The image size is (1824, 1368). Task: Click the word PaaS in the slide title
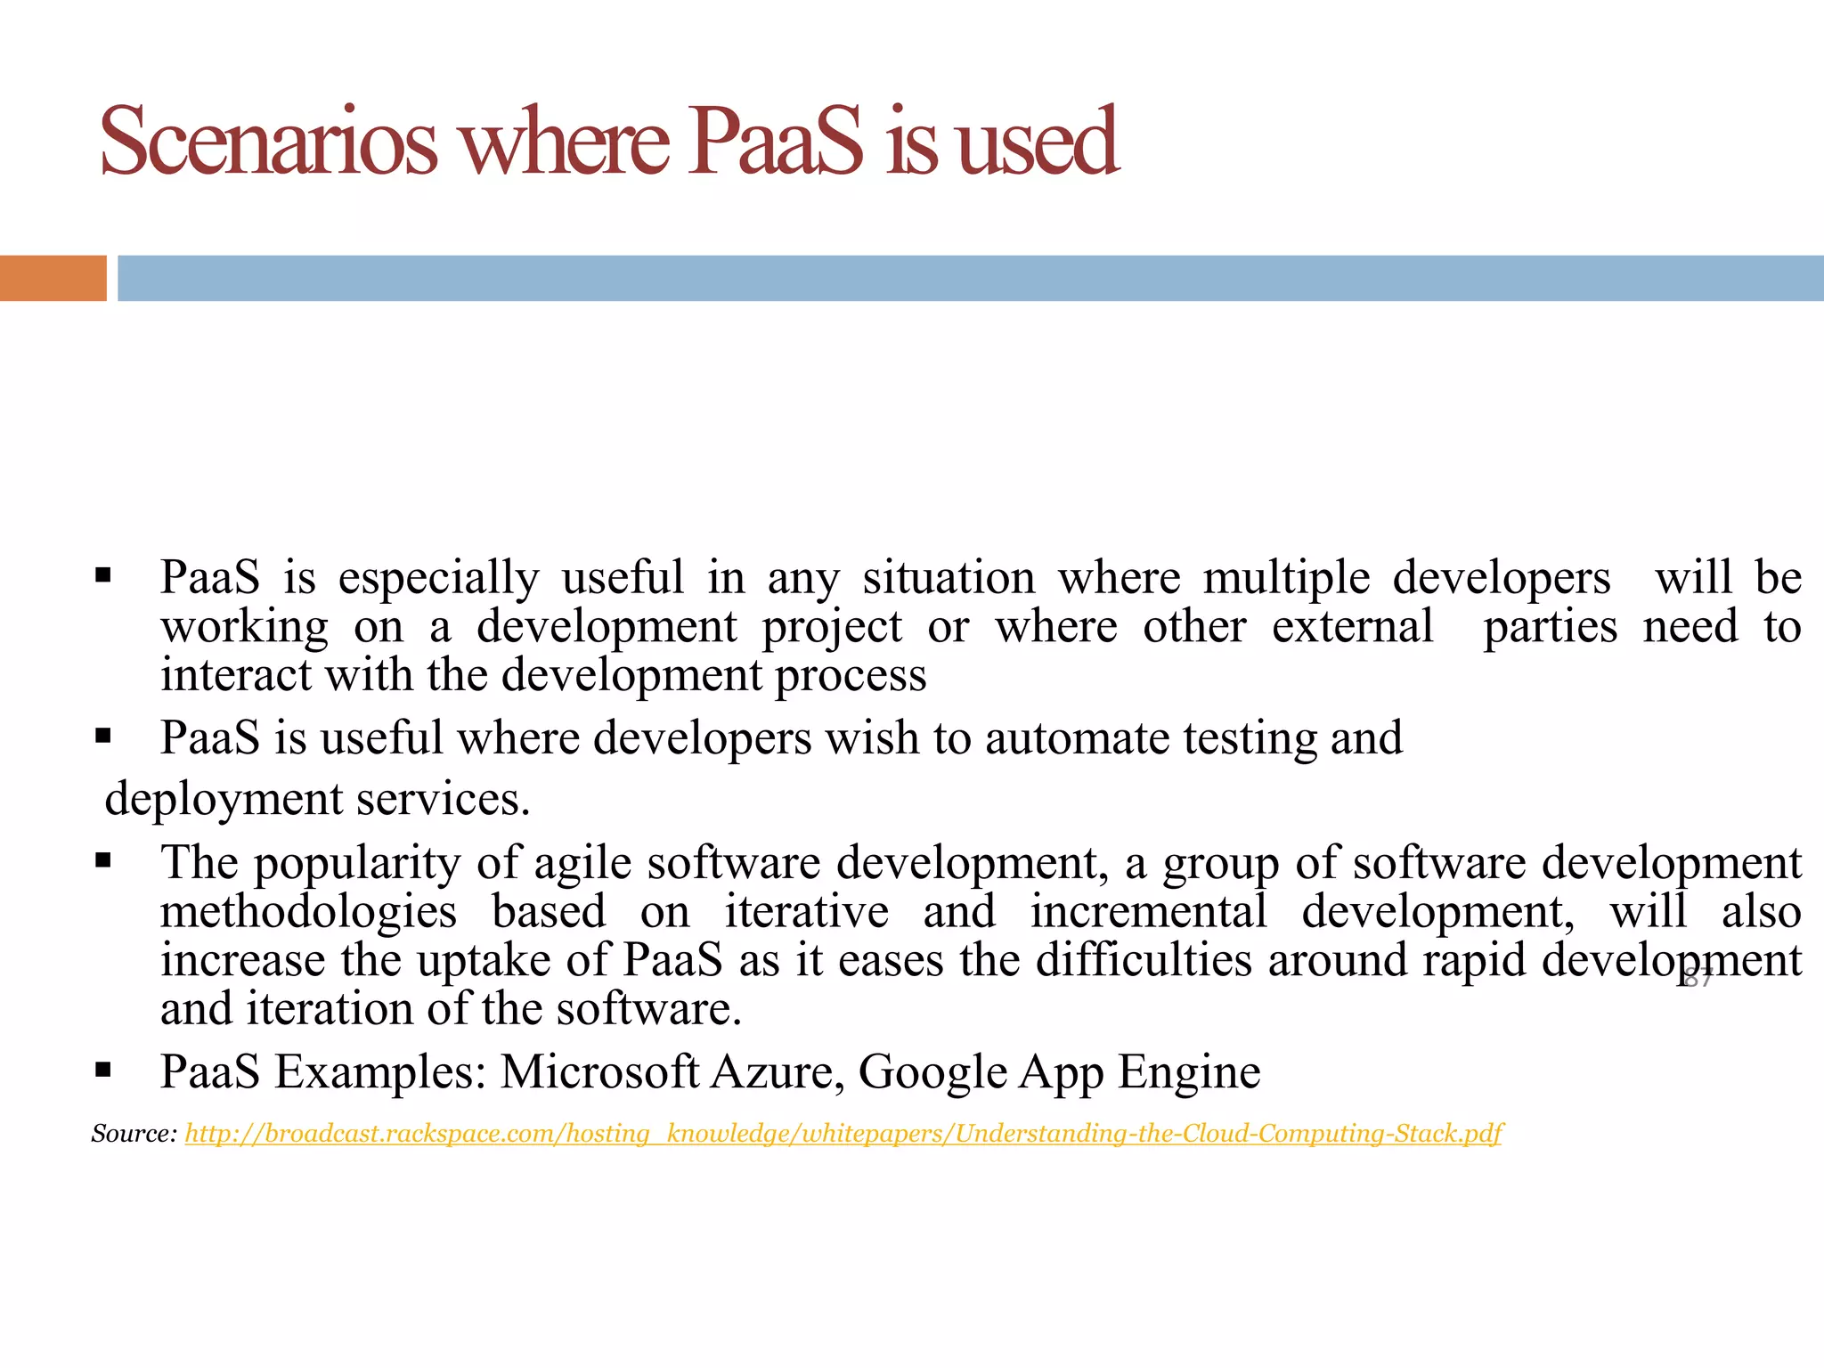pyautogui.click(x=775, y=142)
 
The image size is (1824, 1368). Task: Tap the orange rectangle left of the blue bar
pyautogui.click(x=53, y=278)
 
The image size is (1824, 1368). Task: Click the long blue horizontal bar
pyautogui.click(x=971, y=278)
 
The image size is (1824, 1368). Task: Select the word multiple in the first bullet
pyautogui.click(x=1286, y=578)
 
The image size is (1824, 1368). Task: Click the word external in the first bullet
pyautogui.click(x=1352, y=626)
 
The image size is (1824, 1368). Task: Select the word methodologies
pyautogui.click(x=308, y=912)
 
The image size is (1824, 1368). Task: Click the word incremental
pyautogui.click(x=1148, y=912)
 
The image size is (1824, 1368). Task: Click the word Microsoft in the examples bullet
pyautogui.click(x=598, y=1071)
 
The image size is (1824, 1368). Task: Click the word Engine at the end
pyautogui.click(x=1189, y=1071)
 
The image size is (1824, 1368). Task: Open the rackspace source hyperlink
pyautogui.click(x=843, y=1134)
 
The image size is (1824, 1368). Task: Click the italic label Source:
pyautogui.click(x=134, y=1134)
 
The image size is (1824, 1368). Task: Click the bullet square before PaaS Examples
pyautogui.click(x=102, y=1069)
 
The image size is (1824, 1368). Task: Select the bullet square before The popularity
pyautogui.click(x=102, y=860)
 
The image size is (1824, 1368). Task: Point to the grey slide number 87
pyautogui.click(x=1698, y=979)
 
